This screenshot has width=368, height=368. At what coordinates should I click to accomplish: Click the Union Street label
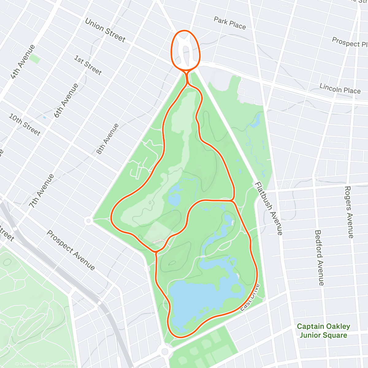(x=105, y=30)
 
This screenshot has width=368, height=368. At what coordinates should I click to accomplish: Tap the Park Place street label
(x=230, y=23)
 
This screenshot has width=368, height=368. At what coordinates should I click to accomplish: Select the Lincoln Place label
(x=340, y=88)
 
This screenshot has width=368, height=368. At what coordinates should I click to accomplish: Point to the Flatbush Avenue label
(x=269, y=209)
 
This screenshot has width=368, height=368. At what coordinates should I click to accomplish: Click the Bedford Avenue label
(x=319, y=258)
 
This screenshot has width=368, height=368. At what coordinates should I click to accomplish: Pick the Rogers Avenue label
(x=349, y=212)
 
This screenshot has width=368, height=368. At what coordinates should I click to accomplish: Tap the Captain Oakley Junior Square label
(x=323, y=331)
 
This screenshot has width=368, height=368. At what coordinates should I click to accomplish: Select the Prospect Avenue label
(x=71, y=250)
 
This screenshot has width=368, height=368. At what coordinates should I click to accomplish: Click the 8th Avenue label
(x=107, y=139)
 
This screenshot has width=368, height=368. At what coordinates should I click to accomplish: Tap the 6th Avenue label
(x=66, y=101)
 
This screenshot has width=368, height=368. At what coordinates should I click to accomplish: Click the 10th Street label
(x=25, y=125)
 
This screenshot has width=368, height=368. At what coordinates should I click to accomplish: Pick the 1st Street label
(x=88, y=65)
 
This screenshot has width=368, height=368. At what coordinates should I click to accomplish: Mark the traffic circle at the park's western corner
(x=88, y=220)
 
